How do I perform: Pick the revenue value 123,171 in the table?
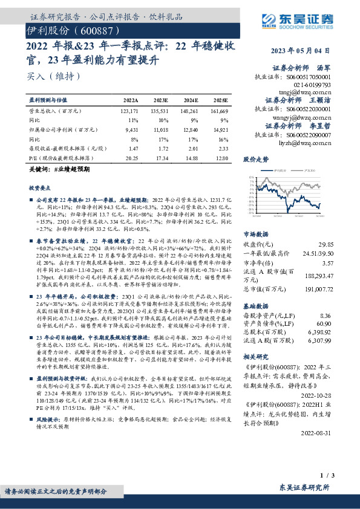[x=129, y=111]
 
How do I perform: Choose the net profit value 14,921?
[x=220, y=128]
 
